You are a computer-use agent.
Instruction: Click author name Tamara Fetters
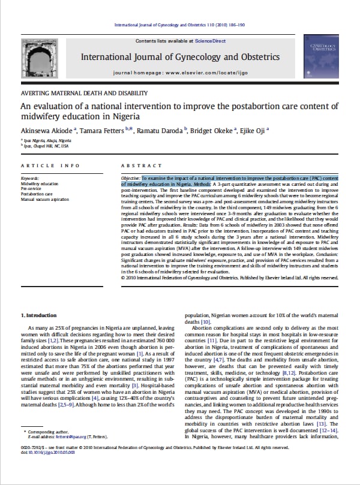point(97,129)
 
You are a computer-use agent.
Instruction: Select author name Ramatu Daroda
point(149,129)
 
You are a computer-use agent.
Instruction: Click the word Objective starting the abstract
point(130,178)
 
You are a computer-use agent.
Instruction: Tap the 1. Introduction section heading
point(41,315)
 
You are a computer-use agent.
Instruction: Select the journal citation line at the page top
point(180,25)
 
